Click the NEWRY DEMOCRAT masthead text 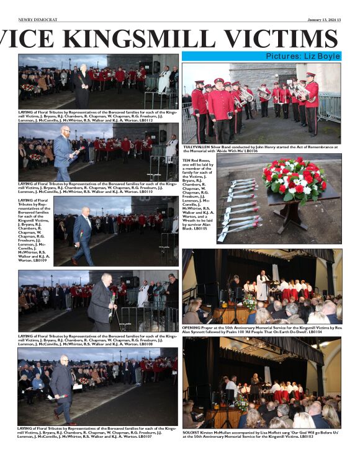[x=37, y=19]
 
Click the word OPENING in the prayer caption [x=192, y=328]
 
